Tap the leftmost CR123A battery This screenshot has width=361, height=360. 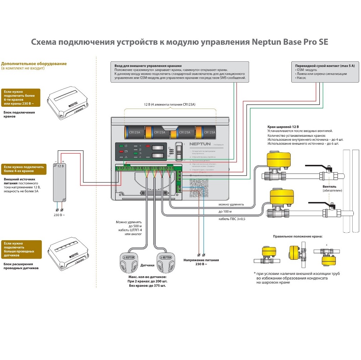click(135, 132)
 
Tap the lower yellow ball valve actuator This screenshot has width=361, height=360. click(281, 197)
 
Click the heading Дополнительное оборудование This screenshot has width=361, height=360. click(34, 63)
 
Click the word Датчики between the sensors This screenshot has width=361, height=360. click(147, 265)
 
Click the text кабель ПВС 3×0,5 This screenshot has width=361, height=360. click(232, 219)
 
